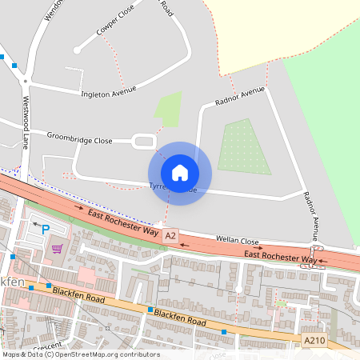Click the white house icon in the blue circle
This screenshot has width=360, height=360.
pyautogui.click(x=179, y=173)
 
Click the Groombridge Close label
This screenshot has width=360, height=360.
pyautogui.click(x=79, y=138)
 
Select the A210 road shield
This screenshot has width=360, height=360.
pyautogui.click(x=314, y=341)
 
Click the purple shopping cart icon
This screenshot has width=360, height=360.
pyautogui.click(x=57, y=248)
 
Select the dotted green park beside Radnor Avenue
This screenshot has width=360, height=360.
pyautogui.click(x=244, y=146)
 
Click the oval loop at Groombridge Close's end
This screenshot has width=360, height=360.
pyautogui.click(x=144, y=142)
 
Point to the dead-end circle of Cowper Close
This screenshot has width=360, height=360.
pyautogui.click(x=77, y=50)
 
